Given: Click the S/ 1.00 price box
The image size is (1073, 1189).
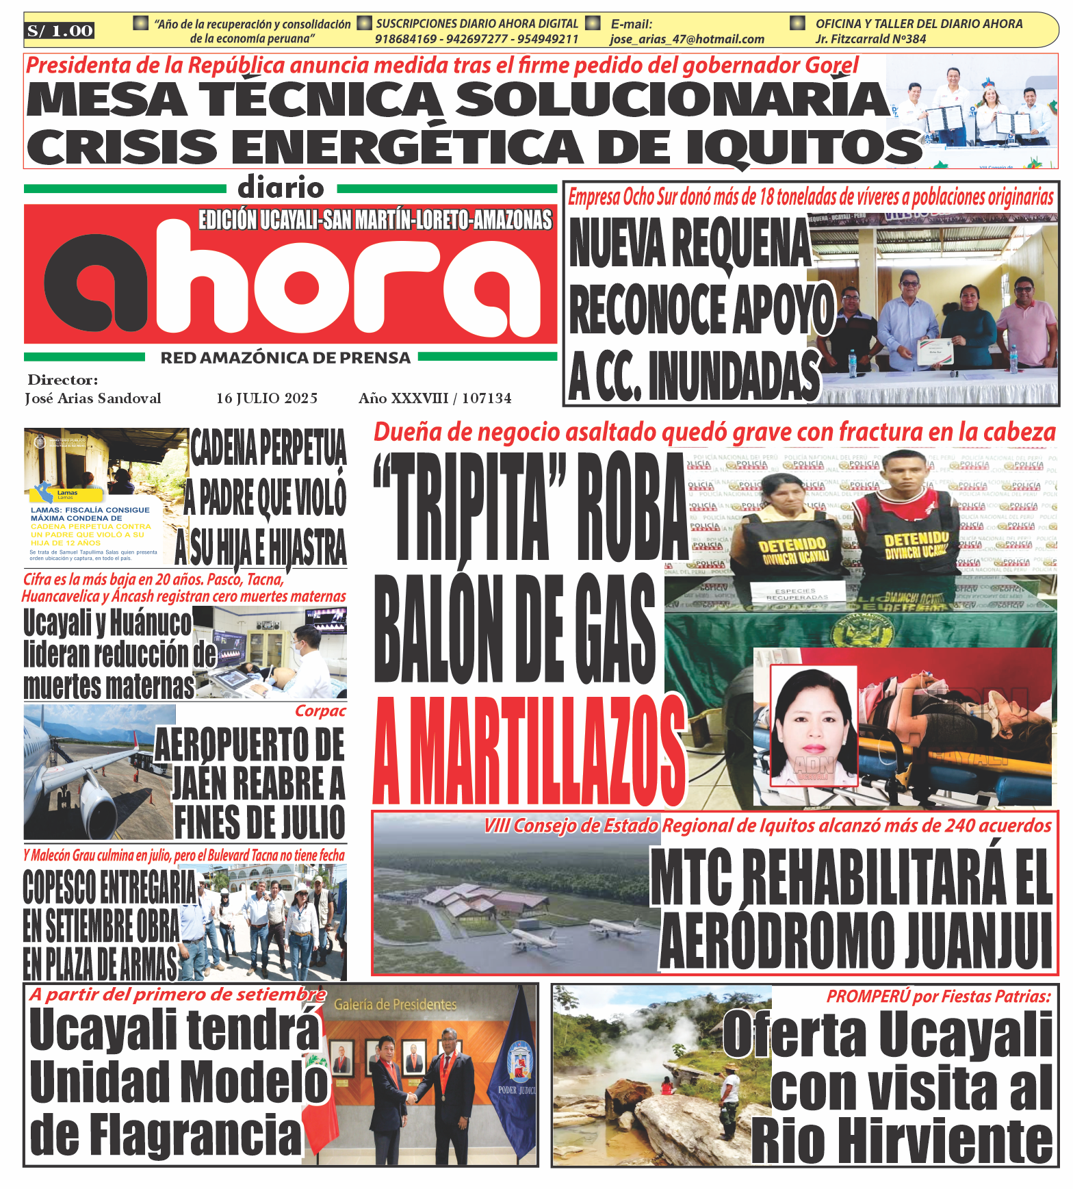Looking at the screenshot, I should pyautogui.click(x=60, y=30).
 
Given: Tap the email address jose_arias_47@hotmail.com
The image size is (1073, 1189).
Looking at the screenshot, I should pyautogui.click(x=686, y=39).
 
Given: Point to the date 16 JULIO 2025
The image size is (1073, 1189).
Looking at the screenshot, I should pyautogui.click(x=267, y=398).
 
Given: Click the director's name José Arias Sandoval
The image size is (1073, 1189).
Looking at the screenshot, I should pyautogui.click(x=93, y=398).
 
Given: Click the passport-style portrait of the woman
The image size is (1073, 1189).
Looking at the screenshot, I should pyautogui.click(x=814, y=726).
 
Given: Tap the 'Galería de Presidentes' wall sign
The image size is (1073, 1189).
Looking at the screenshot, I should pyautogui.click(x=395, y=1005).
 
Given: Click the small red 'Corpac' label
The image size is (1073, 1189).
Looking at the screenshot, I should pyautogui.click(x=320, y=711).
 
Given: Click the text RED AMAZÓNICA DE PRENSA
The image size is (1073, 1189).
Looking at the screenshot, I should pyautogui.click(x=285, y=358).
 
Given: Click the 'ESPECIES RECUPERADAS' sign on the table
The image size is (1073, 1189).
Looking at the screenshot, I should pyautogui.click(x=795, y=593).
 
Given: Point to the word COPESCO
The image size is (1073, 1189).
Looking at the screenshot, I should pyautogui.click(x=60, y=888).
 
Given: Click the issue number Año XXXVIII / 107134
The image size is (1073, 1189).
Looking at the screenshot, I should pyautogui.click(x=435, y=398).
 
